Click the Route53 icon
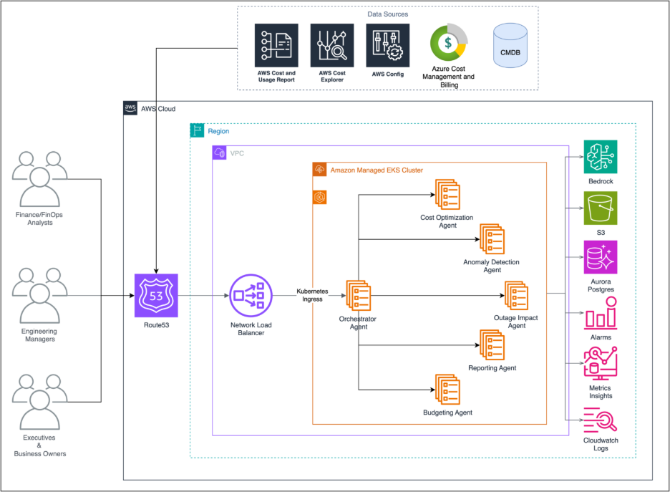point(156,295)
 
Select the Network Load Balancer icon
point(251,295)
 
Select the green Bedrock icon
point(600,157)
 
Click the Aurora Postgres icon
point(600,257)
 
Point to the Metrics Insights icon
point(600,363)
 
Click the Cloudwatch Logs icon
point(600,418)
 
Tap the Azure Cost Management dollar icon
point(448,42)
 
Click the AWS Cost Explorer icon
point(332,45)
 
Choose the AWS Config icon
point(387,45)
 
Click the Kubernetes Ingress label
point(313,295)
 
